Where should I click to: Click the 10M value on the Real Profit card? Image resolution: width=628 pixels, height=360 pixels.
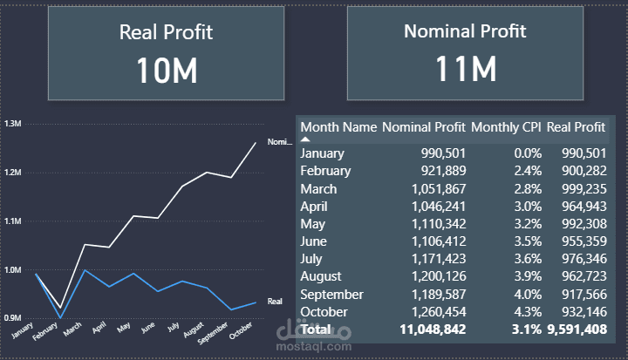166,70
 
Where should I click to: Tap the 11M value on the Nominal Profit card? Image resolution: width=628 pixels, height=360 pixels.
465,68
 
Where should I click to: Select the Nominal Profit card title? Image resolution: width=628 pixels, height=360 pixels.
465,31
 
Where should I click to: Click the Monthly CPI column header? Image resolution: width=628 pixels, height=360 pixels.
506,127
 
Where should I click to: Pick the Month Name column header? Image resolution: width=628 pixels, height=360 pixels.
338,127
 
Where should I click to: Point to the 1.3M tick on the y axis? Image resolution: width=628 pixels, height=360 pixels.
12,124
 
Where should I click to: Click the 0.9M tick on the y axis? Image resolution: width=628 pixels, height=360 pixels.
12,318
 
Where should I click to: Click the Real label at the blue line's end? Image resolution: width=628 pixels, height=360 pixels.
275,301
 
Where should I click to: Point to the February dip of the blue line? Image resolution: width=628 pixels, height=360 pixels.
60,318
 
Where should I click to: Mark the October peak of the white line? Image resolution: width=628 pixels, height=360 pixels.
256,142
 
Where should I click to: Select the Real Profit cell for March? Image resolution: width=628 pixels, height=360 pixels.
577,189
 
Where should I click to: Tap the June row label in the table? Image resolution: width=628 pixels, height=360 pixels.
314,241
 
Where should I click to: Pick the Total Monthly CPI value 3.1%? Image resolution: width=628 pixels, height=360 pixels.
526,329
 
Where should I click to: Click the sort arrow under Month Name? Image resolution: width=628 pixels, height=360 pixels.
306,139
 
